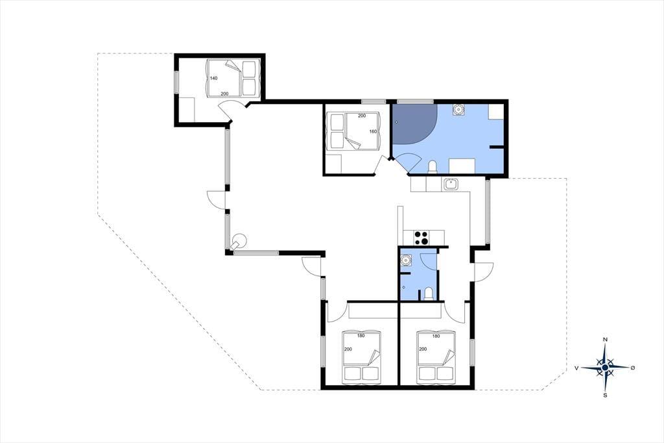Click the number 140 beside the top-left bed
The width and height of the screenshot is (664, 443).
pos(213,78)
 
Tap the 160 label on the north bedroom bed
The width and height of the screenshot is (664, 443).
pos(373,132)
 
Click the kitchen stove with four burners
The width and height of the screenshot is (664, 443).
pos(421,238)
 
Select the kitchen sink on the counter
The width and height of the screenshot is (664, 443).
pos(450,184)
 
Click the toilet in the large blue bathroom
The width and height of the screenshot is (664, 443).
pos(433,168)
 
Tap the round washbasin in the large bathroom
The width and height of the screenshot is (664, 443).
pos(458,110)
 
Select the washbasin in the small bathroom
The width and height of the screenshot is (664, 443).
pos(406,259)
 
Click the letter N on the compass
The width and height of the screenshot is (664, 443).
pos(605,340)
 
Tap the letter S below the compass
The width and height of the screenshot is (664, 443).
pos(605,396)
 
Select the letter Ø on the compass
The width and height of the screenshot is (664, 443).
pos(633,368)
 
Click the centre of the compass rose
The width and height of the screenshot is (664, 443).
pos(606,367)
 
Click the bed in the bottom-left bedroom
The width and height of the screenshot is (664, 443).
pos(361,357)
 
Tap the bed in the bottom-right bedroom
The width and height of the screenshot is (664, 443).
pos(436,357)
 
